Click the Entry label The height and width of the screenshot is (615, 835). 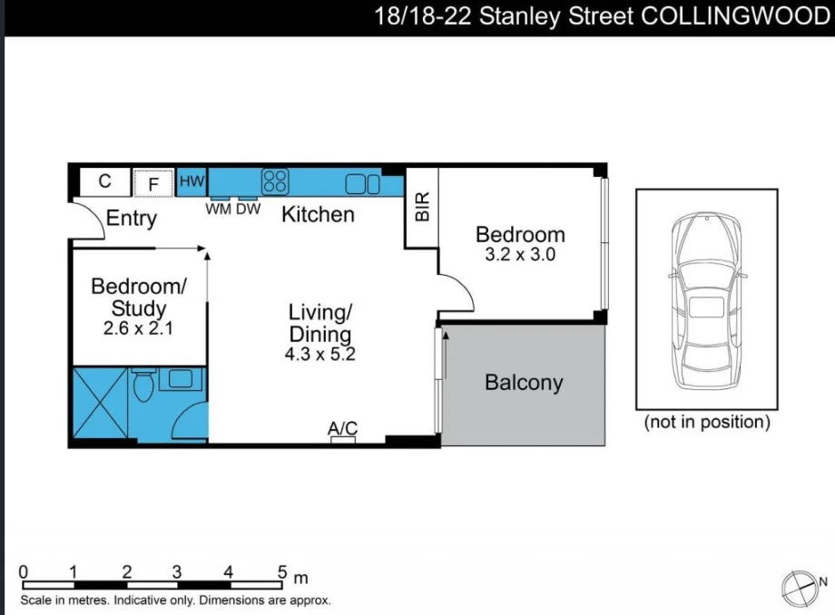[x=132, y=218]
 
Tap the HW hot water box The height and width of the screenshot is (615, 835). [x=192, y=181]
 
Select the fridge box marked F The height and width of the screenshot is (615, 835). [x=153, y=183]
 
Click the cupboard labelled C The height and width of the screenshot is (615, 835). [x=104, y=181]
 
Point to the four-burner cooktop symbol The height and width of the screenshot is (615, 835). [x=275, y=181]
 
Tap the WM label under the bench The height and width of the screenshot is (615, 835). [x=218, y=209]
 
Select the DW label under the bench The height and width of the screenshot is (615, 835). [x=249, y=209]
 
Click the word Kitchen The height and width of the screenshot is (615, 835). [x=318, y=215]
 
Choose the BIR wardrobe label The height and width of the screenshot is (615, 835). [x=422, y=209]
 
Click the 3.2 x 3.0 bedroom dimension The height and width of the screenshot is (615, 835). [x=520, y=255]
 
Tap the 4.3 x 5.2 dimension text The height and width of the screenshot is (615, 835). [x=319, y=355]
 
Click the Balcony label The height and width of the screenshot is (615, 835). [x=524, y=383]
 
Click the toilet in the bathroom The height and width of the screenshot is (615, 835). [x=142, y=388]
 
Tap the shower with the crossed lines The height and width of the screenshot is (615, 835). [x=99, y=405]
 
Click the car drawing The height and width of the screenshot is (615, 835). [x=706, y=299]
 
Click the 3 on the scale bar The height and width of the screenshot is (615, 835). [x=177, y=572]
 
